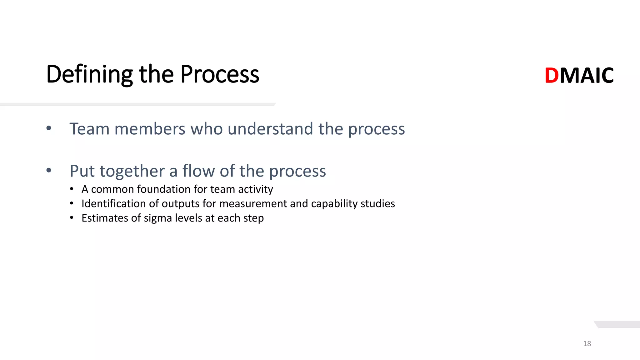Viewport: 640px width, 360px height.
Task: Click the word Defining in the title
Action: coord(89,74)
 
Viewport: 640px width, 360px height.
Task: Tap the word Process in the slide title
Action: coord(220,74)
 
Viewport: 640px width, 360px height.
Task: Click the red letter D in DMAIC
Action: coord(552,76)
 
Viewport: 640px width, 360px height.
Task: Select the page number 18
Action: coord(587,343)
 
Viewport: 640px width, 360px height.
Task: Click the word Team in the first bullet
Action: coord(89,129)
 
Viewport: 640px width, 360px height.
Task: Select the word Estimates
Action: coord(105,218)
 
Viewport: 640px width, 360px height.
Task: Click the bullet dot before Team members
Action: coord(49,128)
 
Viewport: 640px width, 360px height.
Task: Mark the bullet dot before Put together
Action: coord(49,170)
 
